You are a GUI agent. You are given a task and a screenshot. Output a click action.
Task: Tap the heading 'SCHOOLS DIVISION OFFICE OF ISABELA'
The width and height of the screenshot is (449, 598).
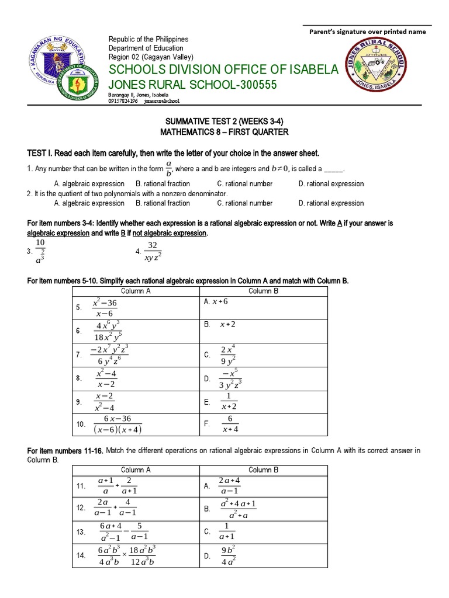(x=223, y=69)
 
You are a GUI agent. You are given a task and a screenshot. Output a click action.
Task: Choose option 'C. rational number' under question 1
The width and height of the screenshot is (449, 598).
(x=244, y=183)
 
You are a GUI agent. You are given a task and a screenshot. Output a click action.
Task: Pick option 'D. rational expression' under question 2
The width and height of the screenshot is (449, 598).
(x=331, y=203)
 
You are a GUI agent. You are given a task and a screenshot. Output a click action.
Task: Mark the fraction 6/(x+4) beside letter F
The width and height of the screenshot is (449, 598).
(x=229, y=423)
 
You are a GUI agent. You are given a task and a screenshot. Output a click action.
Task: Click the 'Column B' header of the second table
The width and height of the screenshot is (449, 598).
(x=264, y=470)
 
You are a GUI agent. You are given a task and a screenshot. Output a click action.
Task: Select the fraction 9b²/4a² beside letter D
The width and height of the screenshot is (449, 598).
(x=228, y=556)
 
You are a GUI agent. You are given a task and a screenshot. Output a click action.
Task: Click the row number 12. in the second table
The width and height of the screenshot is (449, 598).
(x=81, y=508)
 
